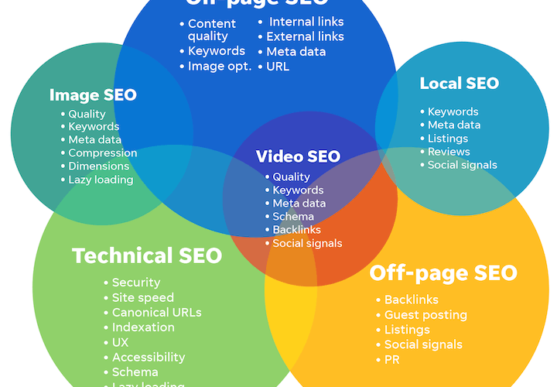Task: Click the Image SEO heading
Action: pyautogui.click(x=93, y=95)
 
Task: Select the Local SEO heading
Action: pyautogui.click(x=460, y=84)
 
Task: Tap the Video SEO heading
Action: pyautogui.click(x=298, y=156)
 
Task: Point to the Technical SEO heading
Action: pyautogui.click(x=147, y=255)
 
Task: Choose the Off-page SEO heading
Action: pyautogui.click(x=443, y=273)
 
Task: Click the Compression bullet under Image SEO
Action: pyautogui.click(x=102, y=153)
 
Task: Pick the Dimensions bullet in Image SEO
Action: pyautogui.click(x=98, y=166)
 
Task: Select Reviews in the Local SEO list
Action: pyautogui.click(x=449, y=152)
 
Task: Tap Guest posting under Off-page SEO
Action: pyautogui.click(x=425, y=315)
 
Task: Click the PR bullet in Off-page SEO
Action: pyautogui.click(x=393, y=360)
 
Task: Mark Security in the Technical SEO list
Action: pyautogui.click(x=136, y=283)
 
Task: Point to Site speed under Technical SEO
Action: pyautogui.click(x=143, y=297)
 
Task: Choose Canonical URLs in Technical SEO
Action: pyautogui.click(x=156, y=313)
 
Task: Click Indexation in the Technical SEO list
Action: pyautogui.click(x=143, y=327)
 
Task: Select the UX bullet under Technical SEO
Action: pyautogui.click(x=121, y=342)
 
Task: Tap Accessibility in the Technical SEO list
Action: pyautogui.click(x=149, y=358)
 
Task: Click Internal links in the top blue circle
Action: pyautogui.click(x=306, y=22)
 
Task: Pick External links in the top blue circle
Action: pyautogui.click(x=305, y=36)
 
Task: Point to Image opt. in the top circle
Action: pyautogui.click(x=220, y=67)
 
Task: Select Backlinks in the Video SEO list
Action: pyautogui.click(x=296, y=230)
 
